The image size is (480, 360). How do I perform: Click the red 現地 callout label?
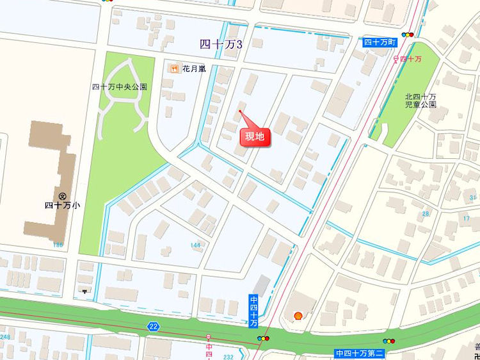tap(255, 136)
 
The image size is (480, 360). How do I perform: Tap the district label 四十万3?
tap(221, 44)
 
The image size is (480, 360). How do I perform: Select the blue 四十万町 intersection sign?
tap(381, 42)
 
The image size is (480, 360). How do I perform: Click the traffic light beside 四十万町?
tap(407, 35)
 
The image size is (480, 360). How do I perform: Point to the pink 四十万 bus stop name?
tap(410, 59)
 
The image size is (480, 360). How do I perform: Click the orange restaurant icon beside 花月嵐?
tap(173, 68)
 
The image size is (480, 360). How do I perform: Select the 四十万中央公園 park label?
tap(120, 86)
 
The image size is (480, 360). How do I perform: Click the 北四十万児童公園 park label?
tap(420, 99)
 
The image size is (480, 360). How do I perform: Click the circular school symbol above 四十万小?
tap(63, 195)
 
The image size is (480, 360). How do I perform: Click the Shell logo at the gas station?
tap(298, 315)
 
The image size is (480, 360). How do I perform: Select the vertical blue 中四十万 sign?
tap(254, 311)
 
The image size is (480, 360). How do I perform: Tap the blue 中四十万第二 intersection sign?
tap(358, 353)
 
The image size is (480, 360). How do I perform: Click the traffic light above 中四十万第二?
tap(388, 341)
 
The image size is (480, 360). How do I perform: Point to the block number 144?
tap(195, 245)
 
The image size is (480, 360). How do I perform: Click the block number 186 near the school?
tap(59, 245)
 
